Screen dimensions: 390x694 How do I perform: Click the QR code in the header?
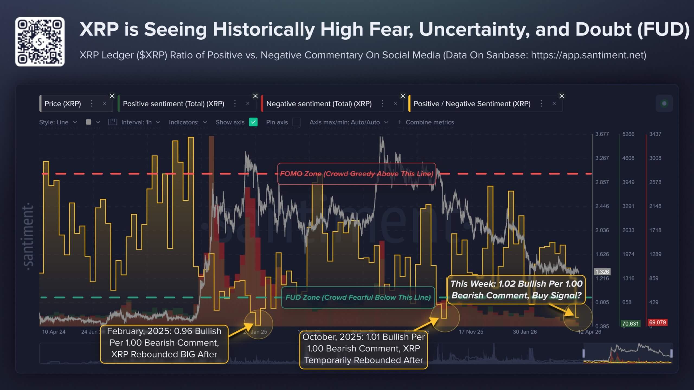click(40, 42)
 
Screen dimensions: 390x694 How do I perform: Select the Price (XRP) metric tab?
click(63, 104)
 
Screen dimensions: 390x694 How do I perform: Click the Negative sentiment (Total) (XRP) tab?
click(319, 104)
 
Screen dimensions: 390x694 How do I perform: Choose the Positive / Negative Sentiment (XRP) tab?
click(472, 104)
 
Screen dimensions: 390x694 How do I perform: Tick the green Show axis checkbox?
click(253, 122)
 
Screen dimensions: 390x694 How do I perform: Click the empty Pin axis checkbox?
click(296, 122)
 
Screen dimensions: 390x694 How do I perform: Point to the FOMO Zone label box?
click(356, 174)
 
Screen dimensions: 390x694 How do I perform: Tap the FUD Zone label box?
click(358, 297)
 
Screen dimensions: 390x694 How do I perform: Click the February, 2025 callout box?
click(164, 343)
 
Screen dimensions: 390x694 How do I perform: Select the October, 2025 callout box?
click(363, 348)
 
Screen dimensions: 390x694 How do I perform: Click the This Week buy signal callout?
click(516, 290)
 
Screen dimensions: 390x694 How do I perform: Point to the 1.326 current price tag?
click(602, 272)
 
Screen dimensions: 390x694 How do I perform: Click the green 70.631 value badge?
click(630, 324)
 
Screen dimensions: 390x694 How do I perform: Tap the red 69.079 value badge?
click(657, 322)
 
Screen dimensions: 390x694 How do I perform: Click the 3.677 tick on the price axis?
click(602, 134)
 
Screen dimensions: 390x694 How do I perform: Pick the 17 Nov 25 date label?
click(471, 332)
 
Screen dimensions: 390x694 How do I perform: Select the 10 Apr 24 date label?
click(54, 332)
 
